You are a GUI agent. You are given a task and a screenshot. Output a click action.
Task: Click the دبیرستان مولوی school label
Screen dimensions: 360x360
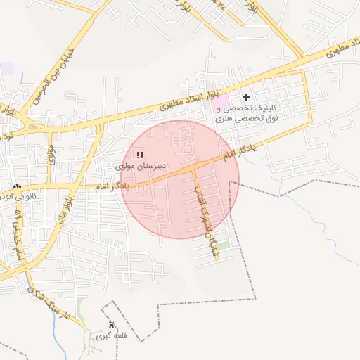pyautogui.click(x=141, y=167)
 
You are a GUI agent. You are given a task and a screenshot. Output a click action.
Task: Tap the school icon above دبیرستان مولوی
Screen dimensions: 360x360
pyautogui.click(x=139, y=154)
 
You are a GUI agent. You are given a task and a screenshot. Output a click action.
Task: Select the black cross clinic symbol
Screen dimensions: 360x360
pyautogui.click(x=246, y=97)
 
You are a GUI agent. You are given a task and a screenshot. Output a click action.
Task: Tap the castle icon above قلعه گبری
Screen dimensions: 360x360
pyautogui.click(x=110, y=325)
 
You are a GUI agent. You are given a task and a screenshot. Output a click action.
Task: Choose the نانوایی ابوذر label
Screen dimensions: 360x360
pyautogui.click(x=20, y=198)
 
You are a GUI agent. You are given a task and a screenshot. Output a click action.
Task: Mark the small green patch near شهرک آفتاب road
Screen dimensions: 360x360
pyautogui.click(x=223, y=246)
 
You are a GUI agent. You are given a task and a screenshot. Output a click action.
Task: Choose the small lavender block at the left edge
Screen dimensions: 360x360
pyautogui.click(x=6, y=69)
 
